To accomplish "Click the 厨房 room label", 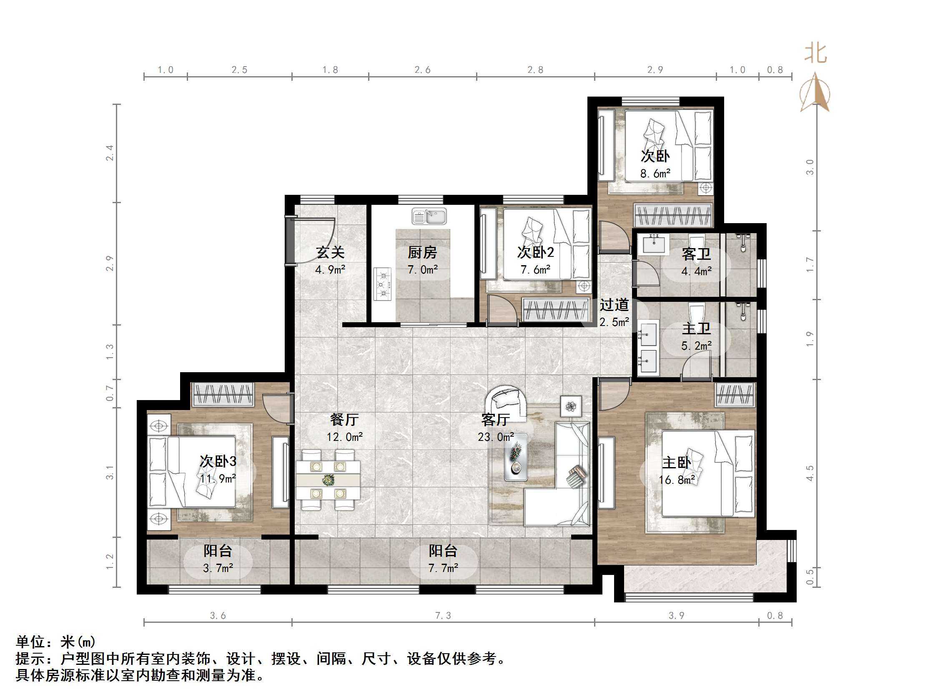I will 422,253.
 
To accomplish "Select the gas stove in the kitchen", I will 383,284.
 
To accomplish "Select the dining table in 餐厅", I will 328,480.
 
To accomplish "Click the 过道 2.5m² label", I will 614,313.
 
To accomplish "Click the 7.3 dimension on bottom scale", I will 443,616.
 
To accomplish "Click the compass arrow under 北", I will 815,93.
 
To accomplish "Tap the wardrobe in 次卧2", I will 555,310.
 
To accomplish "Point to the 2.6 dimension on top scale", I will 422,70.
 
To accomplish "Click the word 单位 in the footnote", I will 30,642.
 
